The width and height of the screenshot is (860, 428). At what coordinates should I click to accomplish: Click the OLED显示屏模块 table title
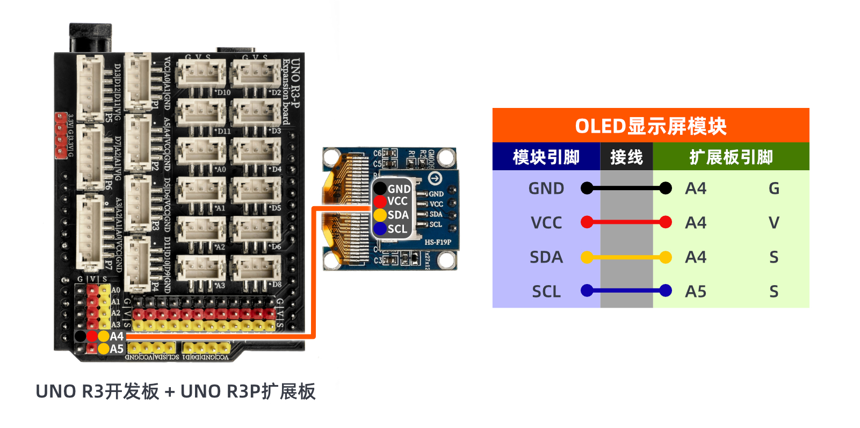[x=651, y=126]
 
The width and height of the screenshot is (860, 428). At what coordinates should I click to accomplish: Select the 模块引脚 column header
[x=546, y=157]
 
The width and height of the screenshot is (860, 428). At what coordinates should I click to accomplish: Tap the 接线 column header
[x=626, y=157]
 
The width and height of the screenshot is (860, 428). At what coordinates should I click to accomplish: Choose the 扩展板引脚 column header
[x=731, y=157]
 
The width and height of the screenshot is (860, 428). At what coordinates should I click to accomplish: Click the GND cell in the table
[x=546, y=188]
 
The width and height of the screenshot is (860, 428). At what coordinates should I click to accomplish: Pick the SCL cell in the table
[x=546, y=292]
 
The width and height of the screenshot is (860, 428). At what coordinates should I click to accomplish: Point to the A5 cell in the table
[x=696, y=292]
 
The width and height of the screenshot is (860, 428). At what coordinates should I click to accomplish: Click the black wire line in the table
[x=626, y=188]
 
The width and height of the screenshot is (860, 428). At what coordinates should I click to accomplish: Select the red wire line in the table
[x=626, y=222]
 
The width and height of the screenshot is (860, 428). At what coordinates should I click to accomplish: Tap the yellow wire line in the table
[x=626, y=257]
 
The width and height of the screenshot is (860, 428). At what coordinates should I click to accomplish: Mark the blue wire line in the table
[x=626, y=291]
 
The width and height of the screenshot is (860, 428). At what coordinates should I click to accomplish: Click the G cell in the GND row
[x=774, y=188]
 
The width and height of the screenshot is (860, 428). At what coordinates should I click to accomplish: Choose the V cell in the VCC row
[x=774, y=223]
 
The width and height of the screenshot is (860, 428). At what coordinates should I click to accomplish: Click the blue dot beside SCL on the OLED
[x=380, y=229]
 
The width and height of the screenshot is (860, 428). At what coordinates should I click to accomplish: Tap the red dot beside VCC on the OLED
[x=380, y=201]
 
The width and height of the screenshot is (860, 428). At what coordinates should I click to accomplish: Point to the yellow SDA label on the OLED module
[x=398, y=215]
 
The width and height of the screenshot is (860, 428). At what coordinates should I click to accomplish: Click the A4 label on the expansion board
[x=117, y=336]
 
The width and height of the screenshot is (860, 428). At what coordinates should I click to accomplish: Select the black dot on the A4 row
[x=80, y=336]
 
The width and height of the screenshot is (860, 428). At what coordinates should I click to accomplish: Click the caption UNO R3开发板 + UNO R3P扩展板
[x=176, y=391]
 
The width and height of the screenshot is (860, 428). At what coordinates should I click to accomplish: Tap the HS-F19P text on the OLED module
[x=438, y=242]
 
